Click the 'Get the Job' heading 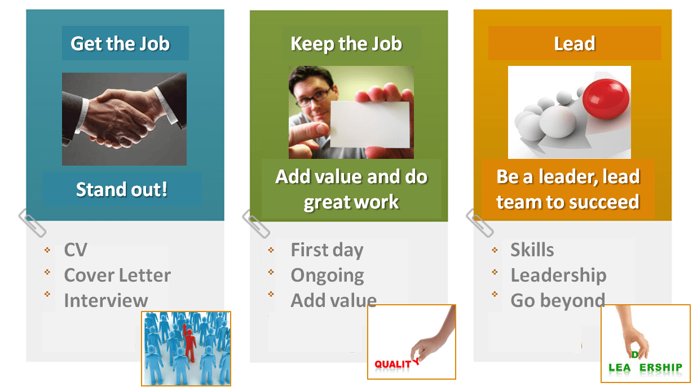coord(120,44)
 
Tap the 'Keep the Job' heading coord(346,44)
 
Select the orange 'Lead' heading coord(574,44)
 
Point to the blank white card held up coord(369,124)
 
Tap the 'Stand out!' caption coord(122,189)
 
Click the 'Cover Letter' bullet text coord(117,275)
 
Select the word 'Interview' coord(106,300)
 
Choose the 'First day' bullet coord(327,250)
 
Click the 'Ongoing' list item coord(327,275)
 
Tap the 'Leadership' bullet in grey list coord(558,275)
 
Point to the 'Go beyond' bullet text coord(558,300)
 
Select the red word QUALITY coord(394,364)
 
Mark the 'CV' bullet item coord(76,250)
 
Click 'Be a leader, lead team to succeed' coord(568,189)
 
